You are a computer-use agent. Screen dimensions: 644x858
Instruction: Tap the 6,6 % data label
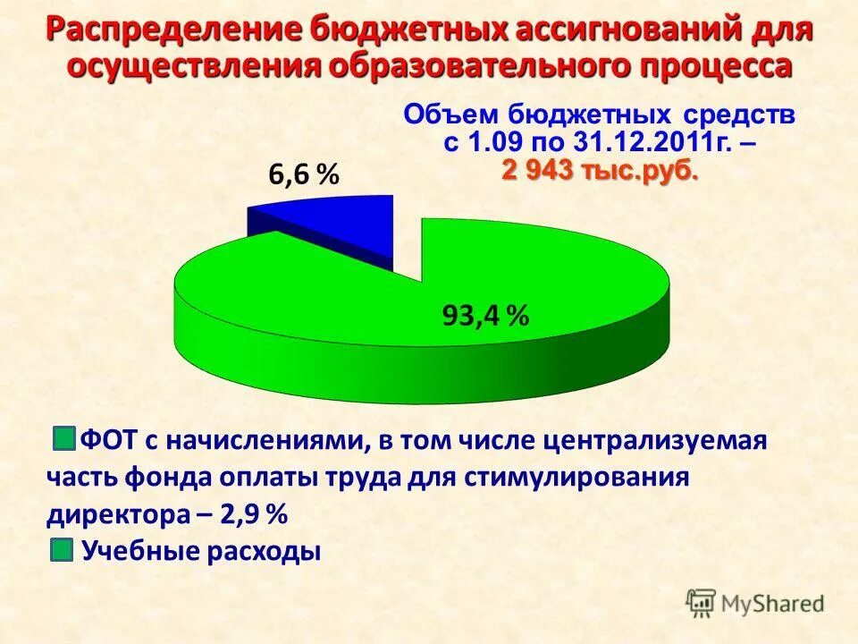(304, 176)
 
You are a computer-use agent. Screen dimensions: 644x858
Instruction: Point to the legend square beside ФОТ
(63, 439)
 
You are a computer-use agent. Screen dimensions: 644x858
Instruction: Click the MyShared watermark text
(772, 604)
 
